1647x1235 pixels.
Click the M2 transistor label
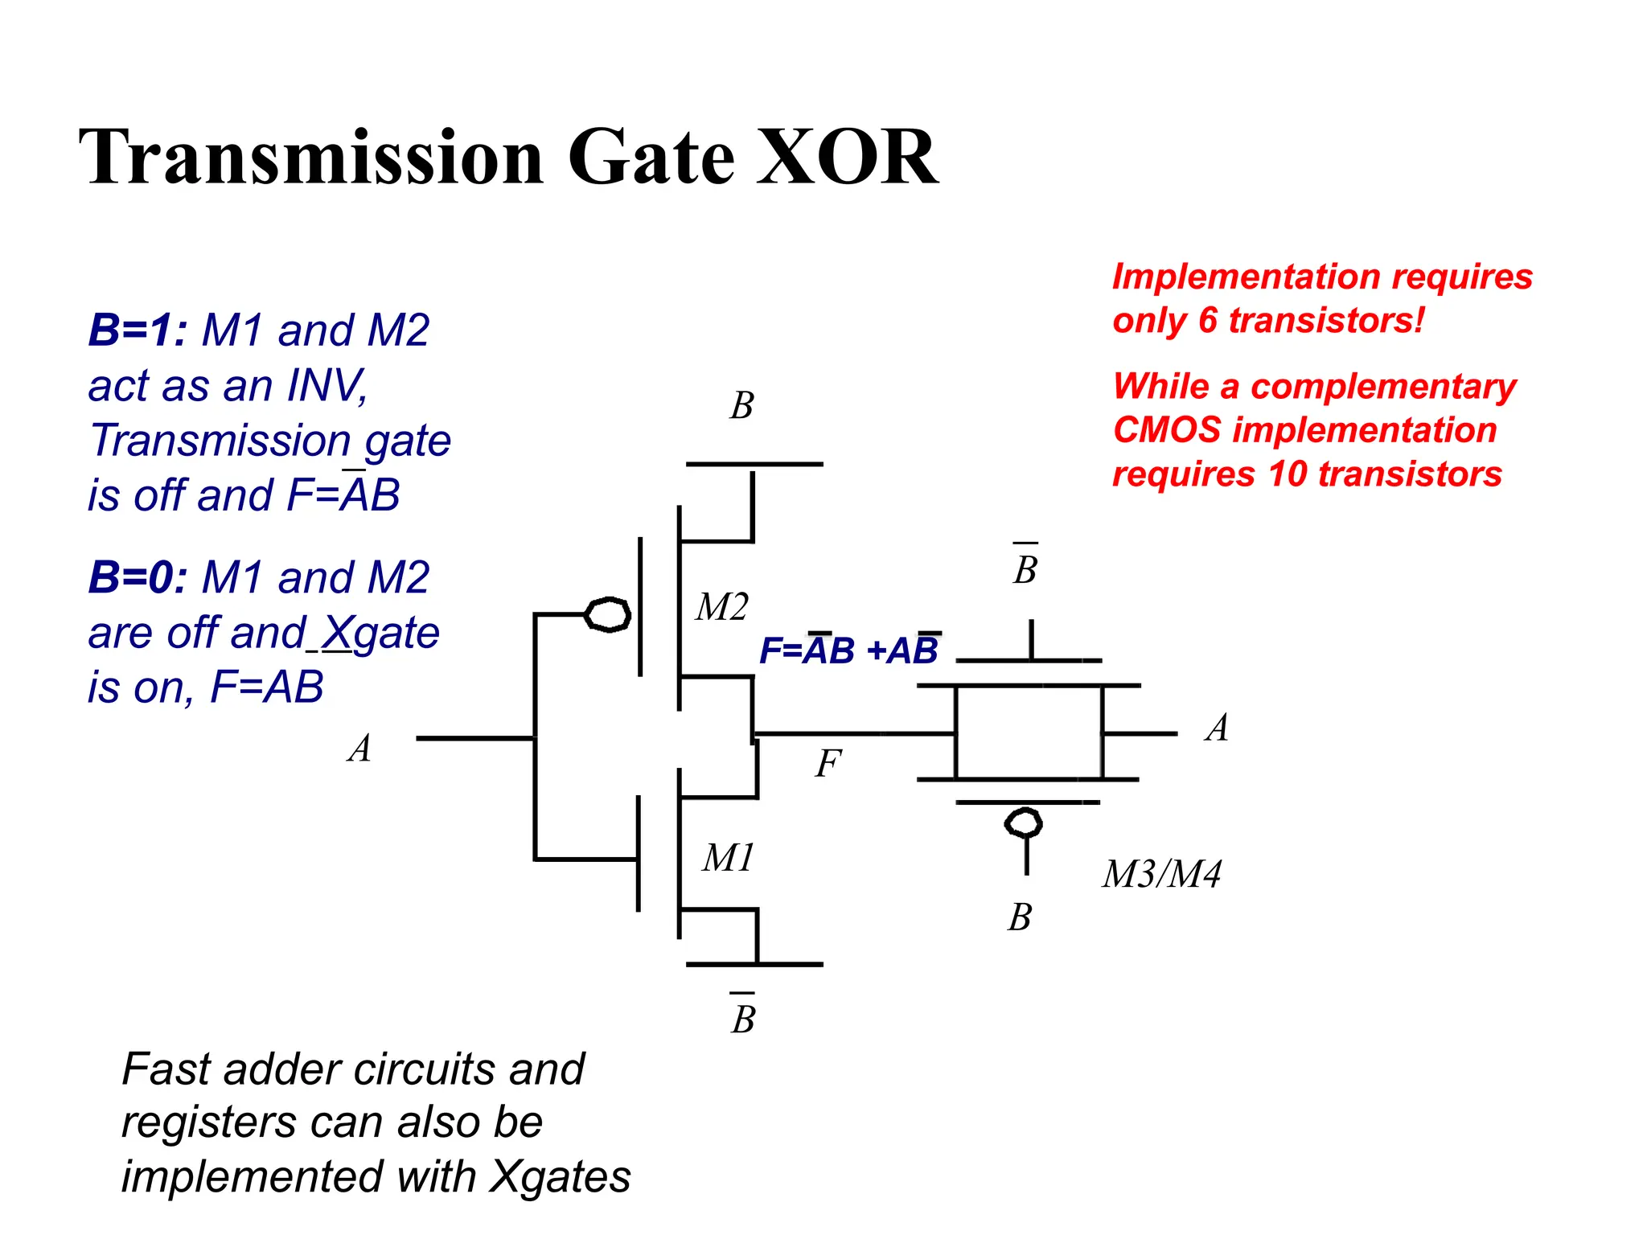721,607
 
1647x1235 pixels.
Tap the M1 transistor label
728,858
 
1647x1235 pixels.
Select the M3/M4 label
1161,874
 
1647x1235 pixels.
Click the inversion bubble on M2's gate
607,615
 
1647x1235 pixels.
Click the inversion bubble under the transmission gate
1024,823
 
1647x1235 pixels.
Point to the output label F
828,763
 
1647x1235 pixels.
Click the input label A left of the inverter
360,749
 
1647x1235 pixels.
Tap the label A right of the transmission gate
1218,728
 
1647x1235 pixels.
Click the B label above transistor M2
741,406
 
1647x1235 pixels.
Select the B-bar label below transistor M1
743,1018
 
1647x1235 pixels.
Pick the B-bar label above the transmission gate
1025,568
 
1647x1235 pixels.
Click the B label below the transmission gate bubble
1020,917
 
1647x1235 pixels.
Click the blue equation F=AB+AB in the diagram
848,650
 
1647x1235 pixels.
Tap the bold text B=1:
138,330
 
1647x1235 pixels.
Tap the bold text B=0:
138,578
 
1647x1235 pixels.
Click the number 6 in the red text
1207,321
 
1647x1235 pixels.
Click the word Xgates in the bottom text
561,1177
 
